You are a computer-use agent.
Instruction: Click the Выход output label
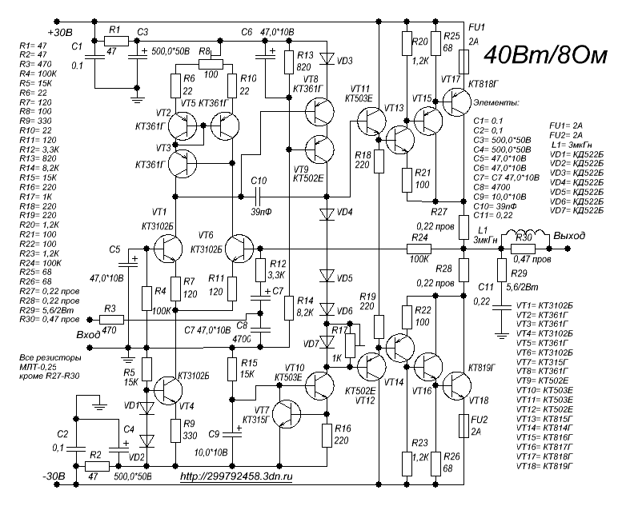click(x=568, y=237)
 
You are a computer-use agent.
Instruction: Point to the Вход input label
click(x=87, y=334)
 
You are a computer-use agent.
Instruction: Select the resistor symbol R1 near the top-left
click(x=115, y=39)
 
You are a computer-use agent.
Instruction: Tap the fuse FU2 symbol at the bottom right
click(x=464, y=425)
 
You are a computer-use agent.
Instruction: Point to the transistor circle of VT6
click(x=239, y=250)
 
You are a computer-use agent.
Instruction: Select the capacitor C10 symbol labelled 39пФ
click(x=259, y=196)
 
